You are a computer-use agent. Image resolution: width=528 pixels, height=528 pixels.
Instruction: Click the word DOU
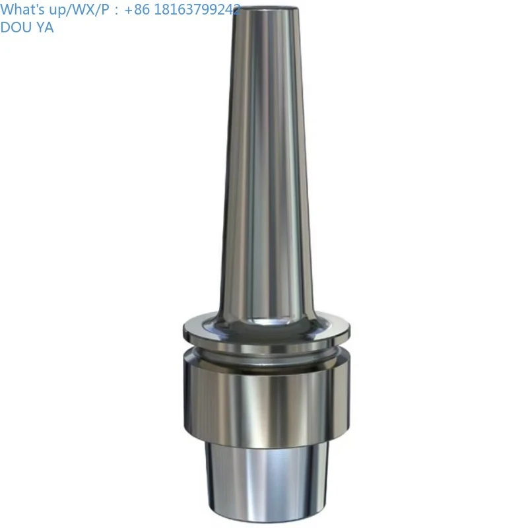pos(15,27)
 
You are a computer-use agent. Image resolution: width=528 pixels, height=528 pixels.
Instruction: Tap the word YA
pos(44,27)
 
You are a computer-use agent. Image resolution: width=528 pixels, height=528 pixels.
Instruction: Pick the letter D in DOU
pos(5,27)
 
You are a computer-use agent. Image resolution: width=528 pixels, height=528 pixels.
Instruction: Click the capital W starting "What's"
pos(7,9)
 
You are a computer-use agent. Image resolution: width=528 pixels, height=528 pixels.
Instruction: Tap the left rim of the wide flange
pos(186,328)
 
